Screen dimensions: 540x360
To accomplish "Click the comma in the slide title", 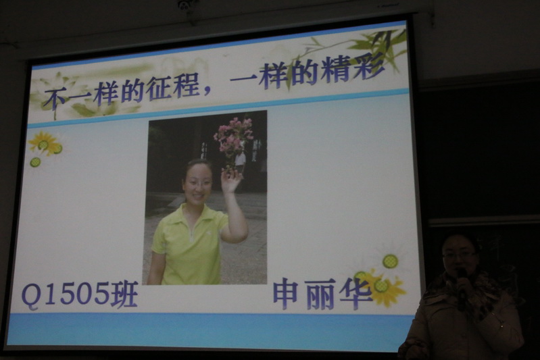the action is [207, 91].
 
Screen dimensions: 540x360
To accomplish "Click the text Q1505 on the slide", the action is [65, 294].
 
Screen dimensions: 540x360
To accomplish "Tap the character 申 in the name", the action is [286, 293].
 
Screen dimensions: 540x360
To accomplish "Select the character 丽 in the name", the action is [319, 294].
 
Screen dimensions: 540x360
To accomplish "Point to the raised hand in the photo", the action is [231, 180].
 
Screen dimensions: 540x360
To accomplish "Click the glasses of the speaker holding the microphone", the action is [459, 255].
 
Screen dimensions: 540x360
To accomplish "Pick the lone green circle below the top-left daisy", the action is [35, 162].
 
